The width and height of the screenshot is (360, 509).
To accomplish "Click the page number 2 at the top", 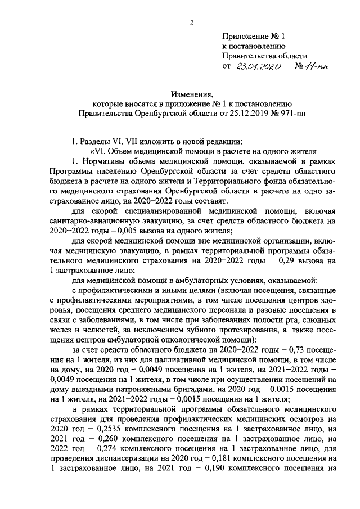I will tap(192, 22).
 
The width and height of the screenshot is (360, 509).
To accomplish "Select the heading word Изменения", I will tap(192, 94).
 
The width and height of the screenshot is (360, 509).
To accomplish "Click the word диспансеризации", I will tap(115, 458).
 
